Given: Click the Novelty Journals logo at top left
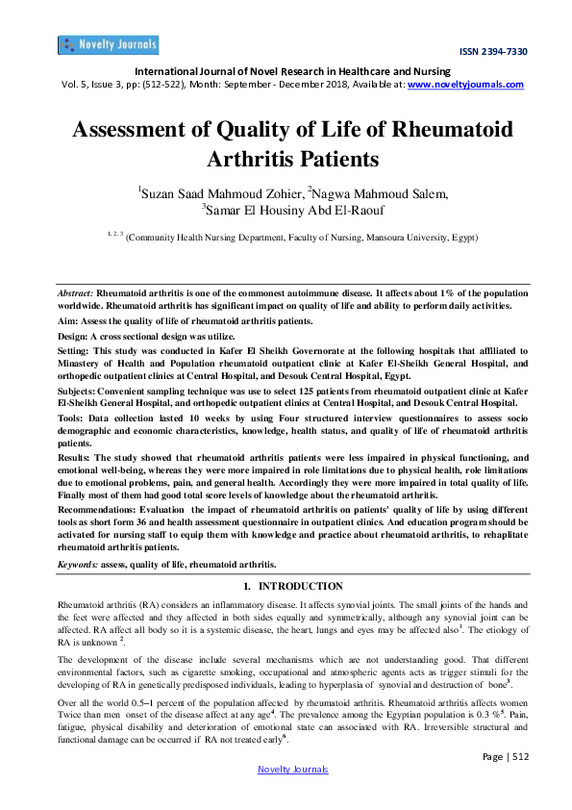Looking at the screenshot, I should (108, 44).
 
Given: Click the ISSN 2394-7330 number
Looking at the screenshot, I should (493, 52).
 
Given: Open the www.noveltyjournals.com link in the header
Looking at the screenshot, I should (466, 85).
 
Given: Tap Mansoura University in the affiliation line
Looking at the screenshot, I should (389, 236).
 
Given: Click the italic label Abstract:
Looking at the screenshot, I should (76, 291).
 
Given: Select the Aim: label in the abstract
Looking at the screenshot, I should (67, 316).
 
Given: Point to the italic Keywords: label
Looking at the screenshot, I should (80, 564).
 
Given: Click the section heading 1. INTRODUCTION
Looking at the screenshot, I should (286, 586).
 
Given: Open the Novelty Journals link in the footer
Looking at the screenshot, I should (293, 770).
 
